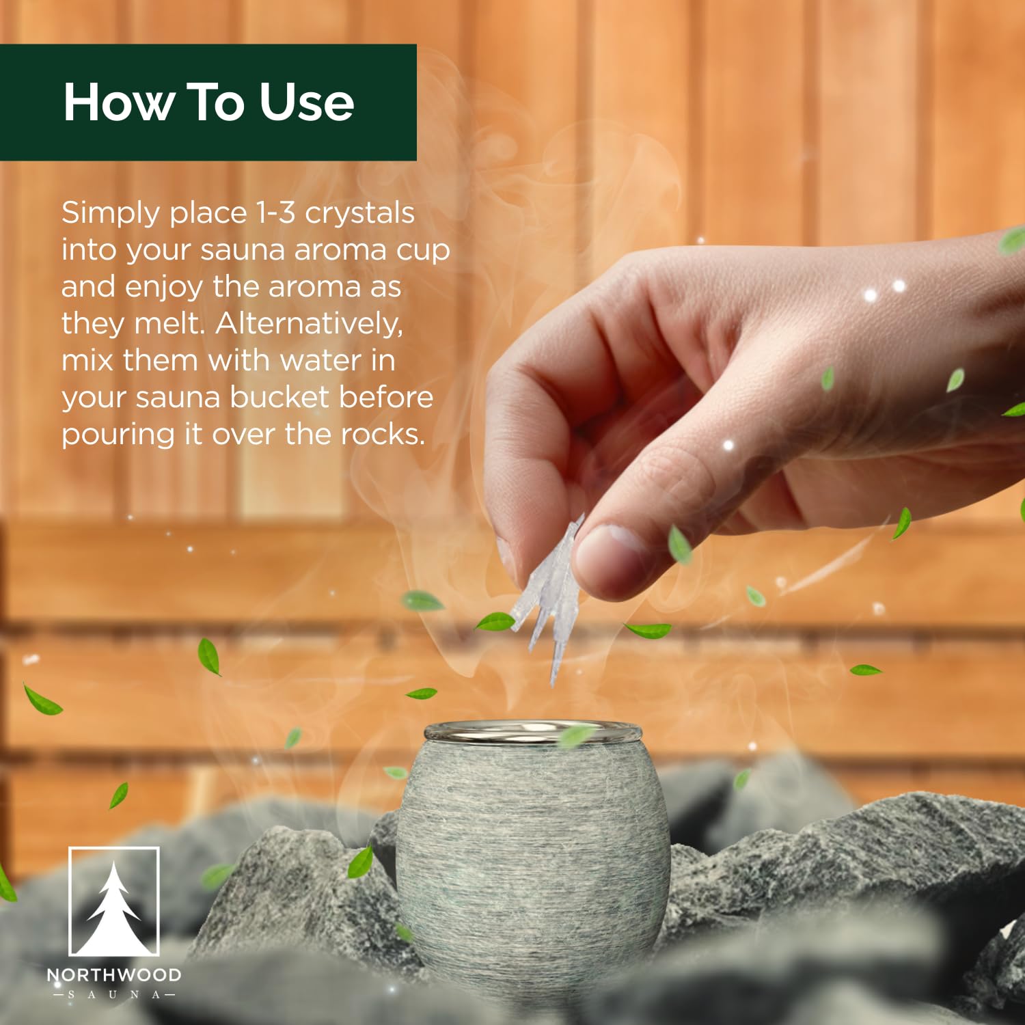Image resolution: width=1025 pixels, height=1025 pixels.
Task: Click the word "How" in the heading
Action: tap(118, 102)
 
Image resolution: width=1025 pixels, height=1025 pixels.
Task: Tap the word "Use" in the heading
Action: tap(307, 102)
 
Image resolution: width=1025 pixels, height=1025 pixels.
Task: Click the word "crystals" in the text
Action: tap(359, 213)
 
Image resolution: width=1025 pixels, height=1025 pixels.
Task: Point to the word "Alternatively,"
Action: tap(310, 324)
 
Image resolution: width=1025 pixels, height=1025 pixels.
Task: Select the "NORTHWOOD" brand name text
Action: tap(114, 975)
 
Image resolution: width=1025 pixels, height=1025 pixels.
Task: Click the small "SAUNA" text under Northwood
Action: tap(114, 995)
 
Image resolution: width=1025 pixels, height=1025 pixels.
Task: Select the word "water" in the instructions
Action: tap(320, 361)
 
